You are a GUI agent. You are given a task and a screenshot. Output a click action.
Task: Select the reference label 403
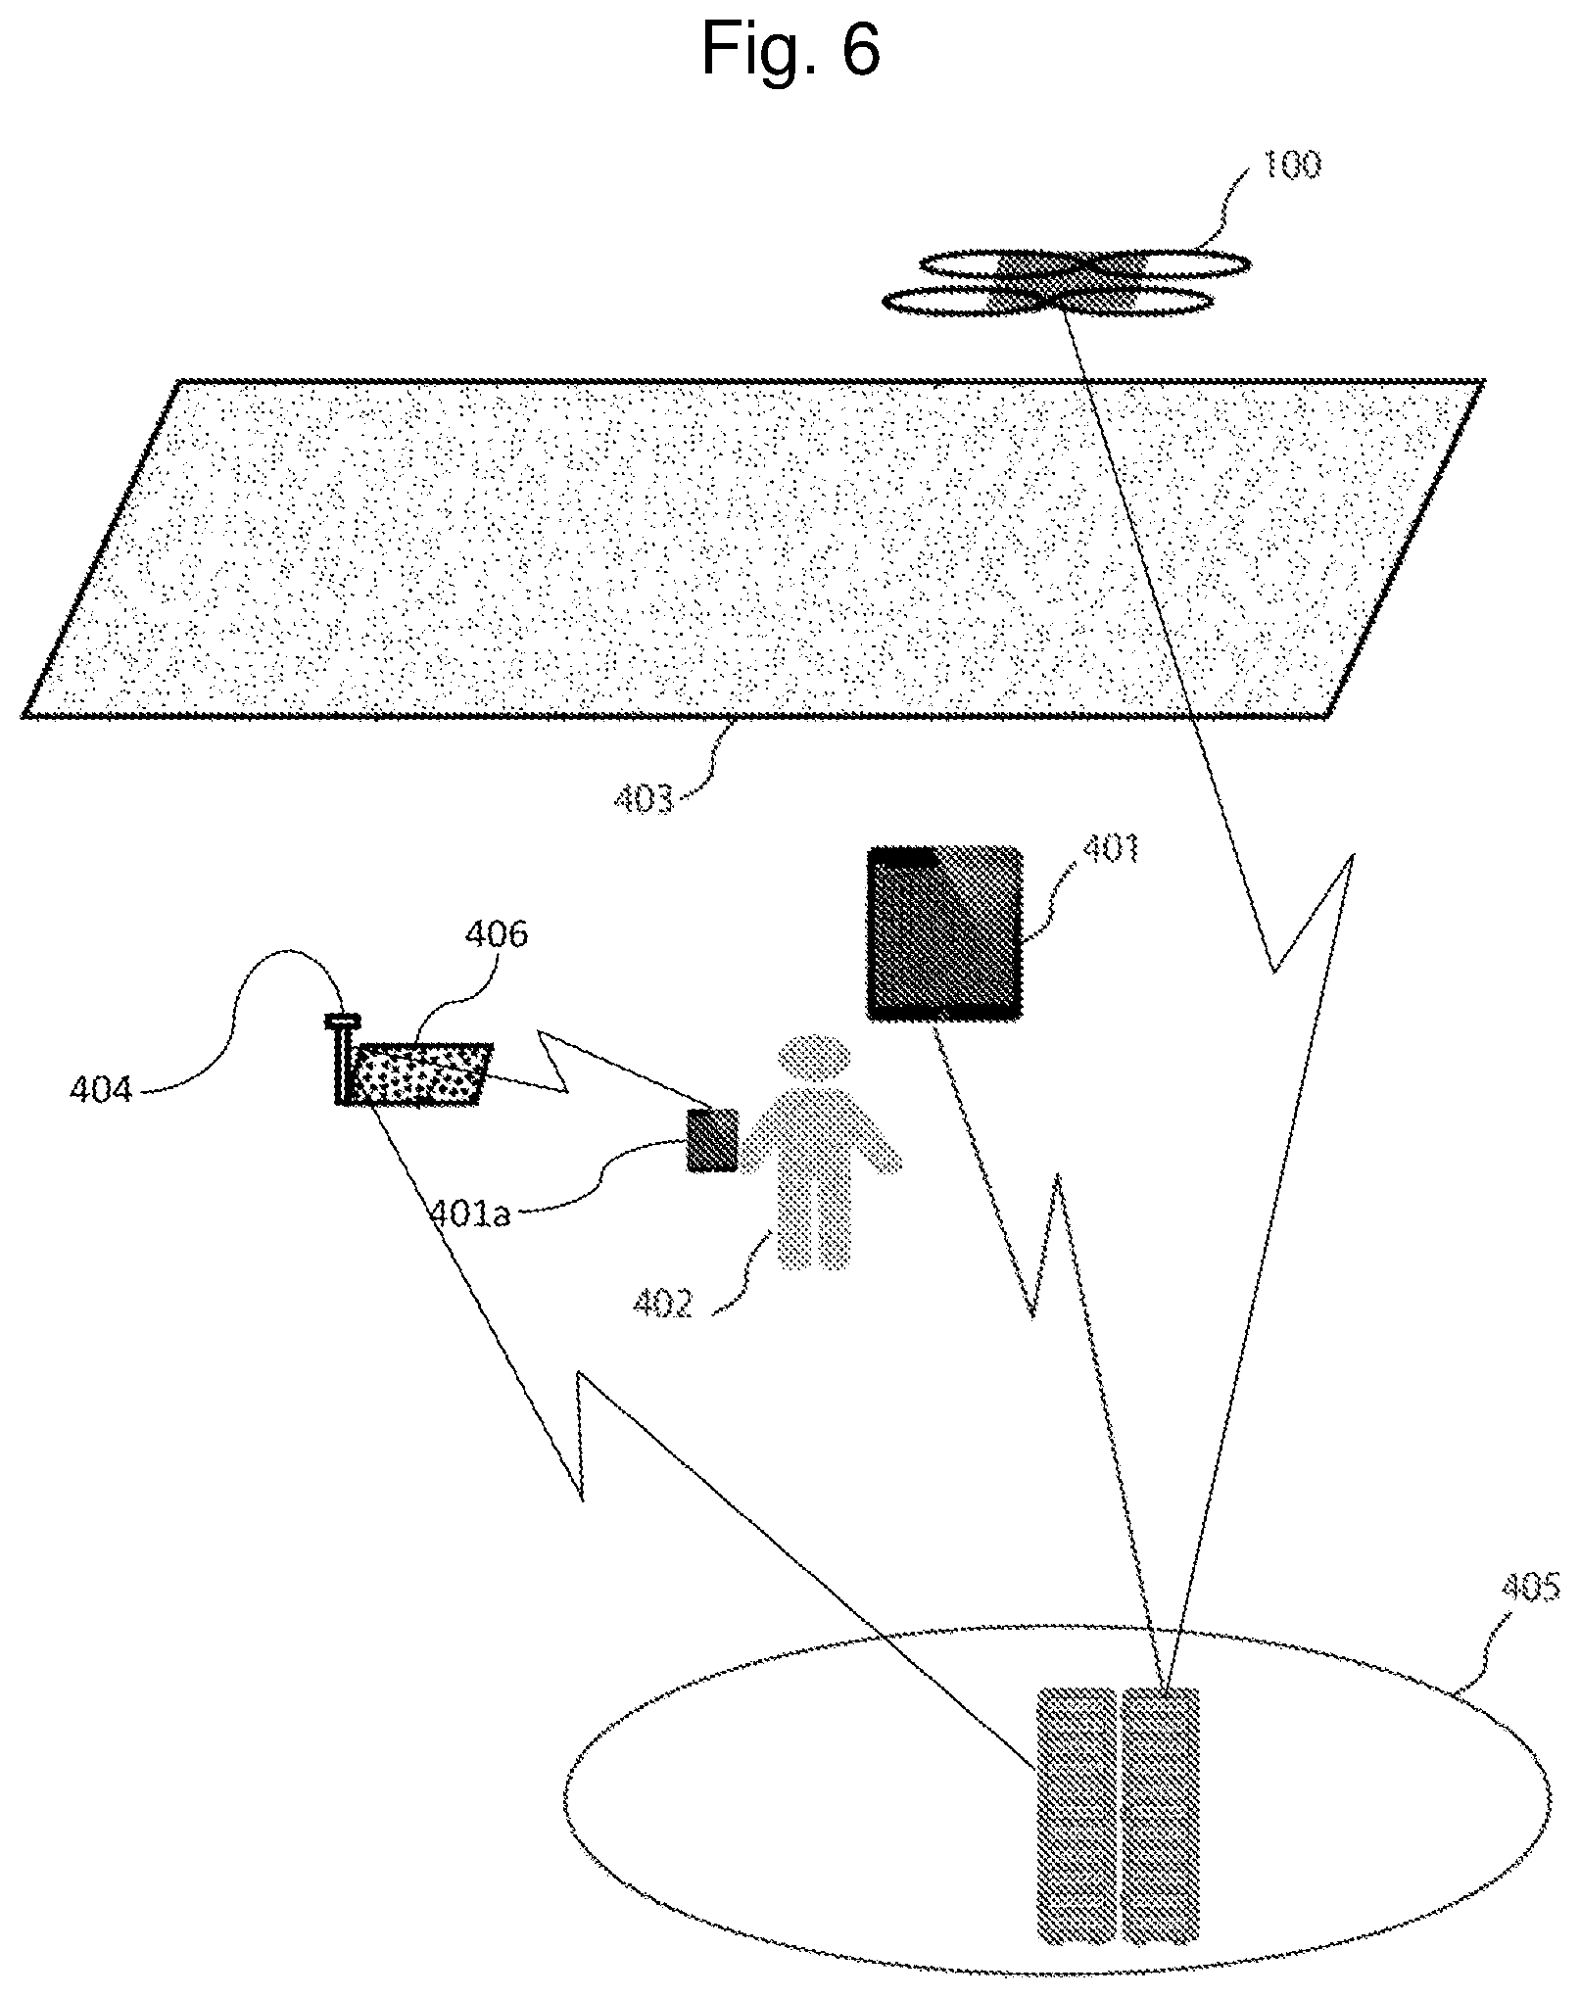pos(645,799)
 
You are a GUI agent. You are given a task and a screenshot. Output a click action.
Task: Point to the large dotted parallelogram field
pos(752,548)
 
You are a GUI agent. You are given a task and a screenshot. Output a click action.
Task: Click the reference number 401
pos(1111,848)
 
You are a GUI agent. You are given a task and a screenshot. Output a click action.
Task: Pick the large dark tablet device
pos(945,933)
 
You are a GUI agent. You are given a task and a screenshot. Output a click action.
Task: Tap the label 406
pos(496,934)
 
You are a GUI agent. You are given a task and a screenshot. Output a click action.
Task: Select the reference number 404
pos(101,1089)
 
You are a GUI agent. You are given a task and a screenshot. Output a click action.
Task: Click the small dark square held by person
pos(712,1139)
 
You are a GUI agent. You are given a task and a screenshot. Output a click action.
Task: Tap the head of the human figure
pos(814,1059)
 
